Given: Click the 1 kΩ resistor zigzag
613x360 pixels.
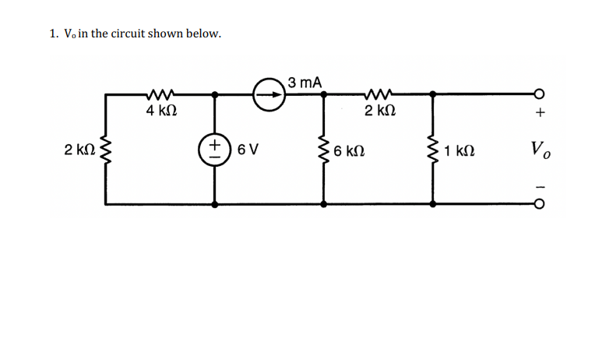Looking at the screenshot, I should click(x=432, y=148).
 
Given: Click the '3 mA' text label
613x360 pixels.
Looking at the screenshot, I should click(x=305, y=81).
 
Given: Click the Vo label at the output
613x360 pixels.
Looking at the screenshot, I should click(x=538, y=150).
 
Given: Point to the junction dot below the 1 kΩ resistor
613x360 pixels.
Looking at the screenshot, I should click(x=432, y=204).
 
